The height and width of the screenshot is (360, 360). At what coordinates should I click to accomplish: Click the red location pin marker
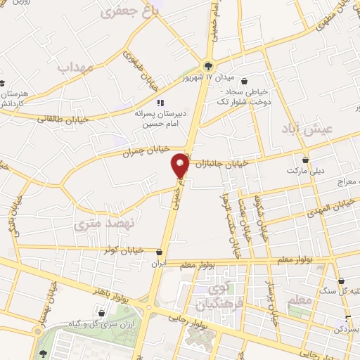(181, 165)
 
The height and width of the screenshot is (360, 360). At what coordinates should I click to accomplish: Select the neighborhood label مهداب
(75, 67)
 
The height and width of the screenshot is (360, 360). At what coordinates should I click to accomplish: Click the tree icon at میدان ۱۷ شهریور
(208, 66)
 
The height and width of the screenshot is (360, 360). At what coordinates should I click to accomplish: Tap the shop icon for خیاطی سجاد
(244, 82)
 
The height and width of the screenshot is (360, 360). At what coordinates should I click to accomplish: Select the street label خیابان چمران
(127, 150)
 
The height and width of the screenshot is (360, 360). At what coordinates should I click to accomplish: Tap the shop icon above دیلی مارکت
(305, 160)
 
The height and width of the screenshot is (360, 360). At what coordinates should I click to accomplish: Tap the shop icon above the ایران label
(161, 252)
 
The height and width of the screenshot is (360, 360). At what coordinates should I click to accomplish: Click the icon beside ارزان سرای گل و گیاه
(103, 313)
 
